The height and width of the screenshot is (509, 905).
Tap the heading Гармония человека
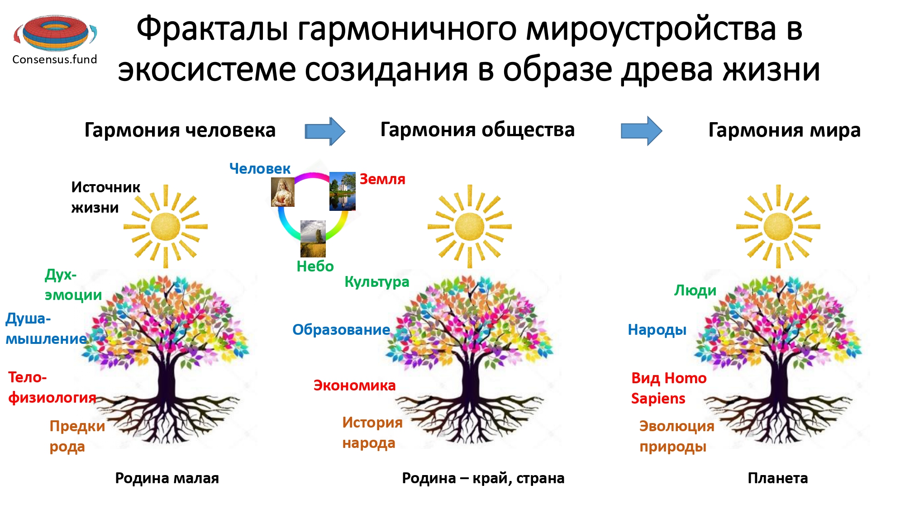click(x=180, y=130)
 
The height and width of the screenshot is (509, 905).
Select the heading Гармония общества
click(x=477, y=130)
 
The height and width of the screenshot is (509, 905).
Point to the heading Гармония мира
click(x=784, y=130)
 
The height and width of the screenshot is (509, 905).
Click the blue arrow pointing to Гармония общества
click(x=325, y=131)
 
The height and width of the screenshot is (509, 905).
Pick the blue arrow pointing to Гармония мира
click(x=641, y=131)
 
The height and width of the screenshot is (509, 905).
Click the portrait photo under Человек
click(x=283, y=192)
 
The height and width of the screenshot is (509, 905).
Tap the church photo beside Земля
click(x=343, y=191)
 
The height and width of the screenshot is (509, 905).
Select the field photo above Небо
click(x=313, y=239)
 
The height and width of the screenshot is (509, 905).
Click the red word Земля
click(x=382, y=179)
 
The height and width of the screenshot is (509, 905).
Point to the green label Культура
click(x=377, y=282)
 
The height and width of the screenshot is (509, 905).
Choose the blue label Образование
click(x=341, y=330)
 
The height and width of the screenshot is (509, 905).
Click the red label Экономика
click(x=355, y=385)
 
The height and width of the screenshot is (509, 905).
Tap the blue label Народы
click(x=657, y=330)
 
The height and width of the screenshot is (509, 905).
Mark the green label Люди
click(x=695, y=291)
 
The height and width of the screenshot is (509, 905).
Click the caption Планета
click(x=778, y=478)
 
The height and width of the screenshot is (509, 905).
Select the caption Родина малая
click(x=167, y=478)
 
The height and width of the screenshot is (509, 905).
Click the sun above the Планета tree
click(x=778, y=226)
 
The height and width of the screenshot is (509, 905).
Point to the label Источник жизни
click(x=105, y=197)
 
